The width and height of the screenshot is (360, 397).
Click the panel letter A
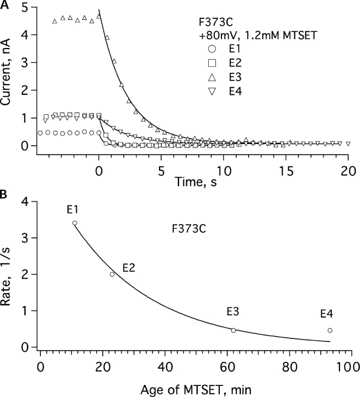point(5,5)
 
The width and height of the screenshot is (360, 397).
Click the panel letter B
point(5,194)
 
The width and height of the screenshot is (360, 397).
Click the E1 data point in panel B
point(75,223)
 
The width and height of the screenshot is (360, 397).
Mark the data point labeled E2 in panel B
point(112,274)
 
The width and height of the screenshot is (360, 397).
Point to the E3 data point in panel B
point(234,330)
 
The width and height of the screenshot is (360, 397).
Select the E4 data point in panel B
point(330,330)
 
